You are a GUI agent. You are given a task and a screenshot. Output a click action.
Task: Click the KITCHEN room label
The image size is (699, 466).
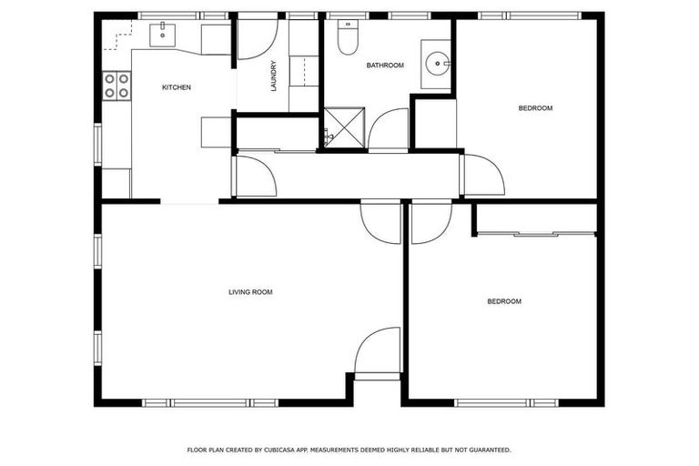(176, 87)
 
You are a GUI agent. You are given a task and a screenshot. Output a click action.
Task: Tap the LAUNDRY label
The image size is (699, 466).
(272, 76)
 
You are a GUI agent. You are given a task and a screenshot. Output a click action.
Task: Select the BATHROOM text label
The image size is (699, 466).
(385, 66)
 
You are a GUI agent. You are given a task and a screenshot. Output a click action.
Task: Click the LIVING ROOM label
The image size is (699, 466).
(250, 292)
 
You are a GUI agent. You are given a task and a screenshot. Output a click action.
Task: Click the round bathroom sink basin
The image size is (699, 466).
(438, 63)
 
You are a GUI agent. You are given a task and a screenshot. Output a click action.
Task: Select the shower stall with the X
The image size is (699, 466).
(345, 127)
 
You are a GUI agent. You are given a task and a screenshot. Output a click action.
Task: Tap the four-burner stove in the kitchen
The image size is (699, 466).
(116, 86)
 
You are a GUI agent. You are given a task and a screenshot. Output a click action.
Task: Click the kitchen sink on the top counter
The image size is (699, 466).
(167, 35)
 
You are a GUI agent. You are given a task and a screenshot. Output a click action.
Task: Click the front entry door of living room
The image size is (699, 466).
(377, 351)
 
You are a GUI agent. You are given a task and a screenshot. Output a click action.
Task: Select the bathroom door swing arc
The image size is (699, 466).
(390, 129)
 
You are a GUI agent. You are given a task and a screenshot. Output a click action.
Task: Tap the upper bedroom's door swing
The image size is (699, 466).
(483, 175)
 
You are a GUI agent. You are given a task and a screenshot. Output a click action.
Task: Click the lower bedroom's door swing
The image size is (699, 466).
(431, 223)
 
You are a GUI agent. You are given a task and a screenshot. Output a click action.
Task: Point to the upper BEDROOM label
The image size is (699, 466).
(535, 108)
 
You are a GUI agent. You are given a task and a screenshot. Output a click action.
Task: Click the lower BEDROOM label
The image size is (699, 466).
(504, 301)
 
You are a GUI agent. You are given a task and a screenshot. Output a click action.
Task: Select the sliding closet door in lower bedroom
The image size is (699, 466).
(536, 235)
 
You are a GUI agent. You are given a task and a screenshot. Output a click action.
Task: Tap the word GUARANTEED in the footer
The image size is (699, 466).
(486, 450)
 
